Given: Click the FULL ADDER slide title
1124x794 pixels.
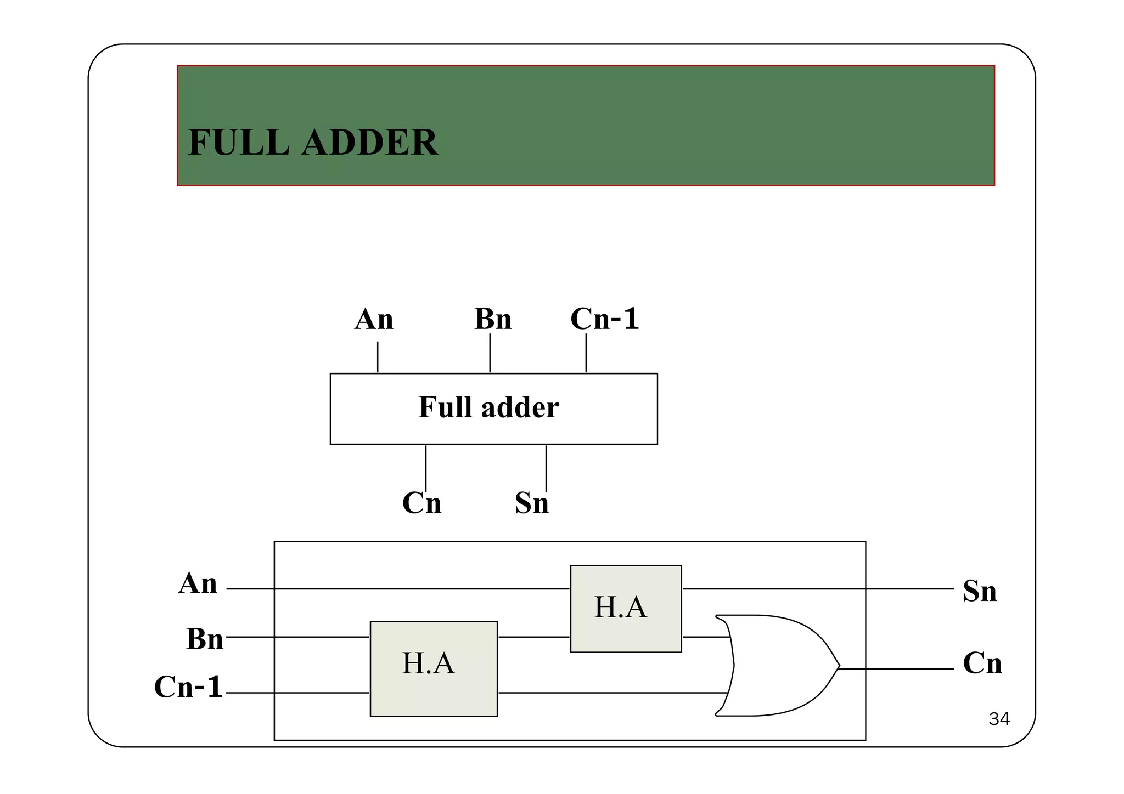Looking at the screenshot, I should pos(313,143).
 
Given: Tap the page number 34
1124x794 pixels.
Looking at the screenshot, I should pos(999,719).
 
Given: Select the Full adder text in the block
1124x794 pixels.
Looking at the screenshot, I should pos(488,407).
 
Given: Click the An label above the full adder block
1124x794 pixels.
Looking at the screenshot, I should pos(374,319).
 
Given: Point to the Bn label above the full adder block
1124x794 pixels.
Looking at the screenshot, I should pos(493,319).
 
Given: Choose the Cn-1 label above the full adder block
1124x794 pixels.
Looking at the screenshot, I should pos(604,319).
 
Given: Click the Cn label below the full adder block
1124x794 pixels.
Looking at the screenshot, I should pos(421,502).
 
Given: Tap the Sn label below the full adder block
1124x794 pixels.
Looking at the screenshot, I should pos(531,503).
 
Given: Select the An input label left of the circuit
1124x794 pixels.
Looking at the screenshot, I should pos(198,583).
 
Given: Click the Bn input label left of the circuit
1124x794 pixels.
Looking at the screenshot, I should pos(205,639).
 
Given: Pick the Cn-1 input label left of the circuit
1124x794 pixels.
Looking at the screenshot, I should pos(188,687).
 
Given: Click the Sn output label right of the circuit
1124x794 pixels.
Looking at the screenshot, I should pos(980,591).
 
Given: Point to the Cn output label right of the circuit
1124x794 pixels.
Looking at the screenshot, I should pos(982,663).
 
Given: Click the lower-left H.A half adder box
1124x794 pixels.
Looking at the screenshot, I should pos(434,668).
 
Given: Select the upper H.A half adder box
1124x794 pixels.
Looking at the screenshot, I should pos(626,609).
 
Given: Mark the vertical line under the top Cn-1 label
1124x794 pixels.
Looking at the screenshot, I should pos(586,353).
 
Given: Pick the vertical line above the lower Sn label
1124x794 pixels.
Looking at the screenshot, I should pos(546,468).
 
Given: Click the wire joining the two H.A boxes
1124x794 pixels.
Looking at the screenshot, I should pos(533,637).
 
